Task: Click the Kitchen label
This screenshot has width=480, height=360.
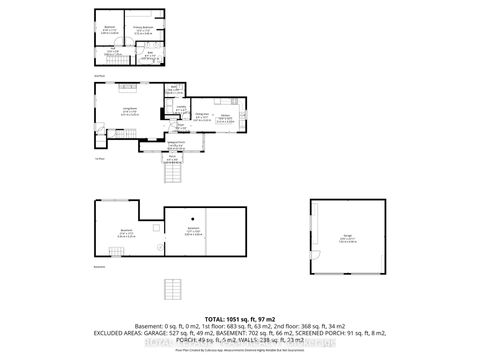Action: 225,117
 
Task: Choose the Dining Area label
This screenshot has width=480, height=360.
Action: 201,117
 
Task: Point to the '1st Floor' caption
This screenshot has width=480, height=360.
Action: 99,158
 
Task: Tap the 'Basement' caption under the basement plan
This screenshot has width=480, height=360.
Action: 98,267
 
